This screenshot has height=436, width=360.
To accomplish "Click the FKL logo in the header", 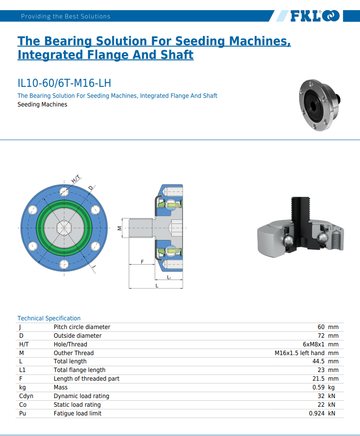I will pyautogui.click(x=315, y=16).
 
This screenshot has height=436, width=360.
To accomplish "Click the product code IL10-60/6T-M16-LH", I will pyautogui.click(x=64, y=84).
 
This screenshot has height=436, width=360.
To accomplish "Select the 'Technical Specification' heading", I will pyautogui.click(x=49, y=318).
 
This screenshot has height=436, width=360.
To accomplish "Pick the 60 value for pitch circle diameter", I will pyautogui.click(x=321, y=327).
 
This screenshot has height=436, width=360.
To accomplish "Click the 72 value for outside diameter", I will pyautogui.click(x=321, y=335).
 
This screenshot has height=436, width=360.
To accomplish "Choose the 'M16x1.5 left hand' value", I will pyautogui.click(x=299, y=353).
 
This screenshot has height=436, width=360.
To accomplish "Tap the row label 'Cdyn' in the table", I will pyautogui.click(x=26, y=396).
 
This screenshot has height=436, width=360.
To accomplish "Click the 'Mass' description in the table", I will pyautogui.click(x=60, y=387).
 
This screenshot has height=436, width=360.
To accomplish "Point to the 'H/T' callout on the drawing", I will pyautogui.click(x=76, y=179).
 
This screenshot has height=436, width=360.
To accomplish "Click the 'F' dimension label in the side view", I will pyautogui.click(x=142, y=262).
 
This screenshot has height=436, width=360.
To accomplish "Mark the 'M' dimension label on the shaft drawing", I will pyautogui.click(x=120, y=228).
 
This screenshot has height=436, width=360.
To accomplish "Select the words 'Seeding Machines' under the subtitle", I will pyautogui.click(x=42, y=104).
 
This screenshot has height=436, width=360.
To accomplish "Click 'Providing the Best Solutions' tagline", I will pyautogui.click(x=66, y=16).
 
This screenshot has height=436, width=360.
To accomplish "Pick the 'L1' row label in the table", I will pyautogui.click(x=22, y=370).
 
